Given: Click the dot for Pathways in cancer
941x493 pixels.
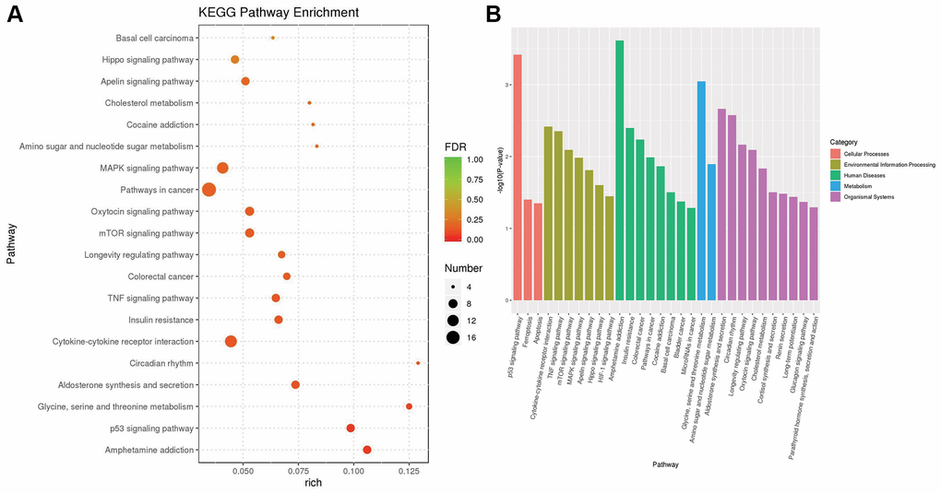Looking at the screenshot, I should [209, 190].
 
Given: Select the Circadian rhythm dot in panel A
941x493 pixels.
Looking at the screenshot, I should [418, 363].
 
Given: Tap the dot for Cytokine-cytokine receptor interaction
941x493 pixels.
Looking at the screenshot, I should [231, 342].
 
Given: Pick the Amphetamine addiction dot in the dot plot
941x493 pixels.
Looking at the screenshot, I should [367, 450].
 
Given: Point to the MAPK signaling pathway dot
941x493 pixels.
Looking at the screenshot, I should [222, 168].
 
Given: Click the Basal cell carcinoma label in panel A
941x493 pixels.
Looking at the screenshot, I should [155, 38].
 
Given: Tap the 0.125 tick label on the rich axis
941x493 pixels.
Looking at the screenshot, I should [410, 471].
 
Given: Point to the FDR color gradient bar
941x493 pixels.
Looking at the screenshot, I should [452, 200].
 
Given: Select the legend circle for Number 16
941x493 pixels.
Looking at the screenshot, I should [453, 337].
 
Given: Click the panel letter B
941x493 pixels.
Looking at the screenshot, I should [494, 15].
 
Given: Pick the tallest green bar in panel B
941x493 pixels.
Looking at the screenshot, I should [620, 170].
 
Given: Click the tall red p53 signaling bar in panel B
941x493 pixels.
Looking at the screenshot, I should [518, 177].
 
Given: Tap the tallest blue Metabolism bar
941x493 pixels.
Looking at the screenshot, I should [701, 191].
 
